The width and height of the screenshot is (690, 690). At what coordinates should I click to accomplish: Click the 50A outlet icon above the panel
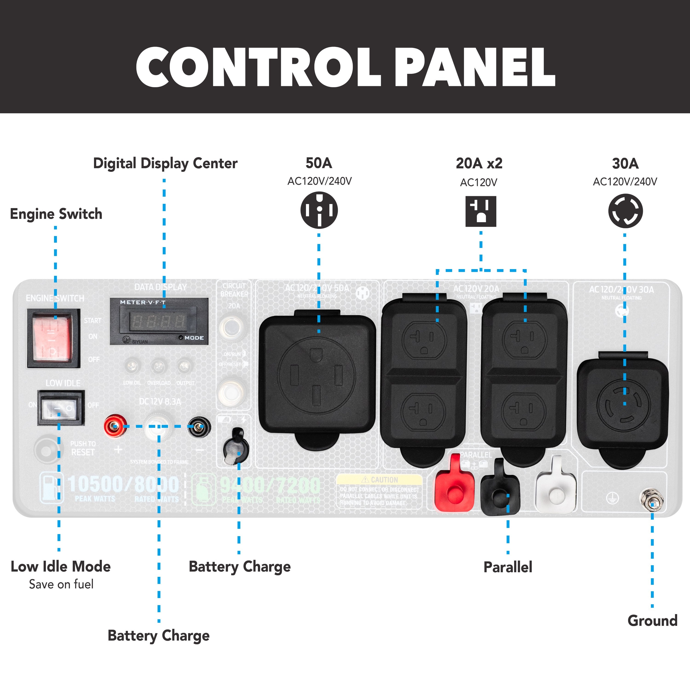[x=319, y=210]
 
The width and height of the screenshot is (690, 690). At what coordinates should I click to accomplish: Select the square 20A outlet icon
[x=481, y=211]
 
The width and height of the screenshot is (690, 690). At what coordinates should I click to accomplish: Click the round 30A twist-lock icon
[x=625, y=211]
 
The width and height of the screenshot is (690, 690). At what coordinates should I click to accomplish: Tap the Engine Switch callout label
[x=56, y=214]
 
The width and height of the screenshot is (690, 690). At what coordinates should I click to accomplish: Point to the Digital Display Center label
[x=165, y=164]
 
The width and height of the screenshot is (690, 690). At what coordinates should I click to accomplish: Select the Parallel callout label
[x=508, y=567]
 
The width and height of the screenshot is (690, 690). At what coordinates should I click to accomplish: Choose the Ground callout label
[x=652, y=621]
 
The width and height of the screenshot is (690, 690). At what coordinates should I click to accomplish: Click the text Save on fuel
[x=61, y=584]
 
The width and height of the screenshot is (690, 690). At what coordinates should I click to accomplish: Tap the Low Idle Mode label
[x=61, y=567]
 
